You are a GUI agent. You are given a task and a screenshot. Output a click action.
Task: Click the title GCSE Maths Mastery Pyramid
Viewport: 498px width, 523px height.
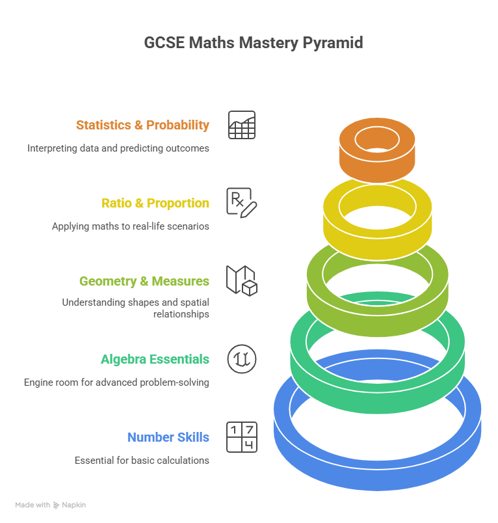click(x=253, y=44)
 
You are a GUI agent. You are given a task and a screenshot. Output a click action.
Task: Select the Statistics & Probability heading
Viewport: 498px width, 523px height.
click(x=142, y=125)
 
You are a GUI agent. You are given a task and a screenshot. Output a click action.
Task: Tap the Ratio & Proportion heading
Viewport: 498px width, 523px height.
click(x=155, y=203)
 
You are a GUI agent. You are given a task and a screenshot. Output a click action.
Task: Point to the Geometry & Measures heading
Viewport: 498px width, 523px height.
click(x=144, y=281)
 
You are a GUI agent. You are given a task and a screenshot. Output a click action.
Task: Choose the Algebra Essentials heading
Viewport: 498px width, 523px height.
click(x=155, y=359)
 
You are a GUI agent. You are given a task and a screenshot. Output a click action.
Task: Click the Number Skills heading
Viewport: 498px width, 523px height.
click(x=168, y=437)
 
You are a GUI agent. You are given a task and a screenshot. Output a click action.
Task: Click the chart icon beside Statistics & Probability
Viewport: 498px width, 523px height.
click(x=242, y=125)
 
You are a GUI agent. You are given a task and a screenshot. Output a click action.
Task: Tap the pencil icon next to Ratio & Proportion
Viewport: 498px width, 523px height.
click(x=242, y=202)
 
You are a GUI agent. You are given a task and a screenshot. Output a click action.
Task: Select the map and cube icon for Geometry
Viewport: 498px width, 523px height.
click(x=242, y=280)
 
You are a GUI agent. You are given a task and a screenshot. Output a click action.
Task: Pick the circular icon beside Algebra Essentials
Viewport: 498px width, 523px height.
click(x=242, y=359)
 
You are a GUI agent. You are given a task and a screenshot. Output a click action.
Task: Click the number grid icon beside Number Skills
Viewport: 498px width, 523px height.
click(x=242, y=437)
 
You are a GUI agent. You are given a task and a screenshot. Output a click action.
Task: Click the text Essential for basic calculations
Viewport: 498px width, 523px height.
click(x=142, y=461)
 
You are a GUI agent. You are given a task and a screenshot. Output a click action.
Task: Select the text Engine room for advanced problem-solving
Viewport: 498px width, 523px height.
click(x=116, y=382)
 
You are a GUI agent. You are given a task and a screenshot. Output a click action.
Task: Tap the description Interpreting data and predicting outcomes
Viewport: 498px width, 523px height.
click(x=118, y=148)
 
